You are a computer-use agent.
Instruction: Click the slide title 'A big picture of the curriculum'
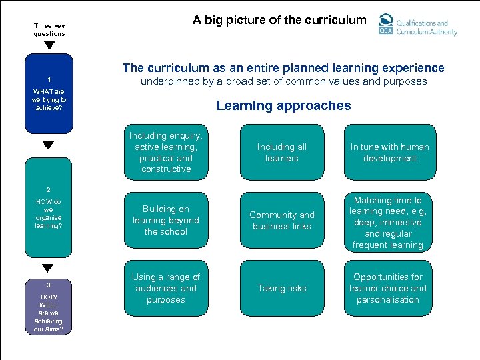[279, 20]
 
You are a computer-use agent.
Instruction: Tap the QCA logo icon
[386, 24]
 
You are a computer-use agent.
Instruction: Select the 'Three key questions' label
[49, 30]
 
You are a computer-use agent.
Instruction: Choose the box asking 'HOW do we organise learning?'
[49, 207]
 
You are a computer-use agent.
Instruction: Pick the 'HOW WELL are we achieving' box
[49, 303]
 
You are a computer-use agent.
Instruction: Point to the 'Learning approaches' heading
[283, 105]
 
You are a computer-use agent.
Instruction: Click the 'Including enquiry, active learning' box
[166, 152]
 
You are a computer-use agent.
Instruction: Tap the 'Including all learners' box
[281, 152]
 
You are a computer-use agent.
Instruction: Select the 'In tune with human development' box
[389, 152]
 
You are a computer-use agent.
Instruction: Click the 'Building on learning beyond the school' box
[166, 220]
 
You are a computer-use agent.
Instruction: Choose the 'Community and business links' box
[281, 220]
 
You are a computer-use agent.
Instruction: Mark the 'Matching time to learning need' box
[389, 222]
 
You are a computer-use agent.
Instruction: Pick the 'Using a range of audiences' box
[166, 288]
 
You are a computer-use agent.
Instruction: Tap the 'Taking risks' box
[281, 288]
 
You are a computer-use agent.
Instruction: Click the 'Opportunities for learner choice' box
[389, 288]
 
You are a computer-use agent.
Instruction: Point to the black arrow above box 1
[49, 46]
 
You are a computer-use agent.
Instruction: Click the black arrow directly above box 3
[49, 268]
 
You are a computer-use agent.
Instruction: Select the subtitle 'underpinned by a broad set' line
[283, 82]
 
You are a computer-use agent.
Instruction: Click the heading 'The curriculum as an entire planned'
[283, 68]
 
